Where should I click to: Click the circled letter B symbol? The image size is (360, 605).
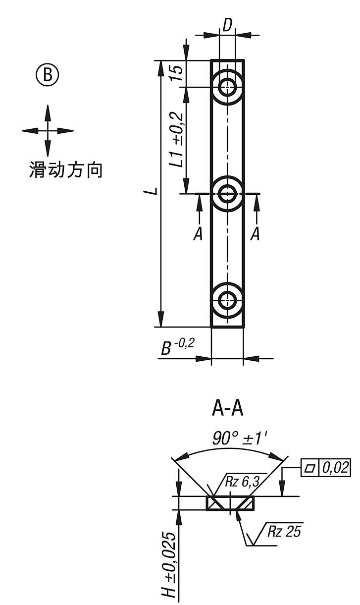point(48,75)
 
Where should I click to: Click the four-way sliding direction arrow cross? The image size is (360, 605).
point(48,131)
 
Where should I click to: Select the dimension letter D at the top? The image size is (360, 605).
point(227,26)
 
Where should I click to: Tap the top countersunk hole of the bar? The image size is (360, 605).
point(227,87)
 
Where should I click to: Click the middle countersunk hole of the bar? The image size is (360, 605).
point(227,193)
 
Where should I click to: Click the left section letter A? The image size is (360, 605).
point(198,233)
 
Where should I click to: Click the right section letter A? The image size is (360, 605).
point(255,233)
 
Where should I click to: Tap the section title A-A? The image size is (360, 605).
point(228,409)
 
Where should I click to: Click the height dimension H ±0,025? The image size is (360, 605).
point(171,565)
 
